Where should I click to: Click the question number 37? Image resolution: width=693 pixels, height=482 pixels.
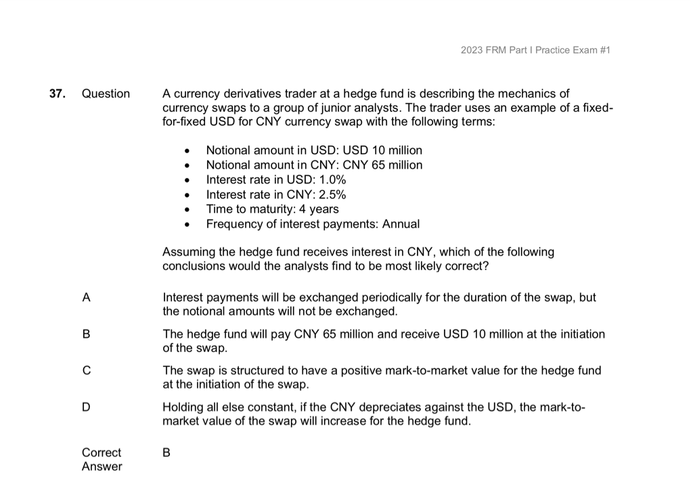click(x=57, y=93)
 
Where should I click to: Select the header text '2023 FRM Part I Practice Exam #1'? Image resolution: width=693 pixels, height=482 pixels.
click(x=535, y=50)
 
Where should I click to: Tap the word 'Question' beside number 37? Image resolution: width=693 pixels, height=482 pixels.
click(x=106, y=93)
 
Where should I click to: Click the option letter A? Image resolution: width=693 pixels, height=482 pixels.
click(x=86, y=297)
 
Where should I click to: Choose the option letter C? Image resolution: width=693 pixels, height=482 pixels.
click(x=86, y=370)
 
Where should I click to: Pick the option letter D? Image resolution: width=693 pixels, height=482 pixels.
click(x=86, y=407)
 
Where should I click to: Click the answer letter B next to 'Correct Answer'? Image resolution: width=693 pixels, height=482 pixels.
click(x=167, y=452)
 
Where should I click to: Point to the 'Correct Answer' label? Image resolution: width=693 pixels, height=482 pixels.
click(x=102, y=459)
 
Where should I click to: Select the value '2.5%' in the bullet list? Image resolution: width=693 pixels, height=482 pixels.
click(x=331, y=194)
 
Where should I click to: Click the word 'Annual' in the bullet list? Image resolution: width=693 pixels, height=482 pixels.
click(x=401, y=224)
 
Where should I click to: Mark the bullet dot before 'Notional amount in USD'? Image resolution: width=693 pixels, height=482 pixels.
click(x=187, y=150)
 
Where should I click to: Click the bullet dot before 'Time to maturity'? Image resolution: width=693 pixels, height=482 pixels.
click(x=187, y=210)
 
